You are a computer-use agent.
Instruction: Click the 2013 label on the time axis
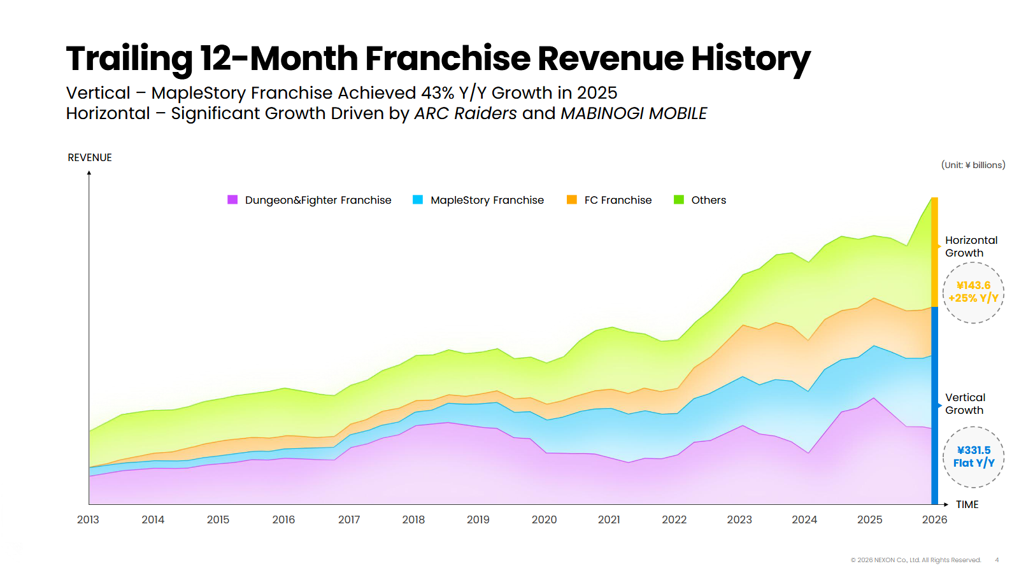(88, 520)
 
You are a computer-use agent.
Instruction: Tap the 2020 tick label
(544, 520)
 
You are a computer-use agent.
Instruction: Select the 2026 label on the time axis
(934, 520)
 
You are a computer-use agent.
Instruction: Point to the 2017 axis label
(349, 520)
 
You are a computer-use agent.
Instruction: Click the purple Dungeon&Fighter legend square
(232, 200)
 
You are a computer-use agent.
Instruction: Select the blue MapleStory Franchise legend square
(418, 200)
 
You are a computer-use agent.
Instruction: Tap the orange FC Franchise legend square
(572, 200)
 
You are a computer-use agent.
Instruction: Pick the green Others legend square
(679, 200)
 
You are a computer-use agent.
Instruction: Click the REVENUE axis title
(90, 157)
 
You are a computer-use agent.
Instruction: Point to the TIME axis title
(967, 504)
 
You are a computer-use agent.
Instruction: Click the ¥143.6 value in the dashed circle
(973, 285)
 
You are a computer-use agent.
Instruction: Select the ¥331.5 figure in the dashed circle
(974, 450)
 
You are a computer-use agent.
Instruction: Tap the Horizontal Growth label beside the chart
(971, 246)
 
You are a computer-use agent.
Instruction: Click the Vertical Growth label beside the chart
(965, 404)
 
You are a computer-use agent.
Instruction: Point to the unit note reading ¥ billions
(973, 165)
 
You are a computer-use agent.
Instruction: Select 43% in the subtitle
(438, 93)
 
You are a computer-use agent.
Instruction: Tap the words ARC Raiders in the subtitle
(466, 113)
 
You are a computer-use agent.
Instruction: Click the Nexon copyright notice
(916, 560)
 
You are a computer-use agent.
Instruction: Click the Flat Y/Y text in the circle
(974, 463)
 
